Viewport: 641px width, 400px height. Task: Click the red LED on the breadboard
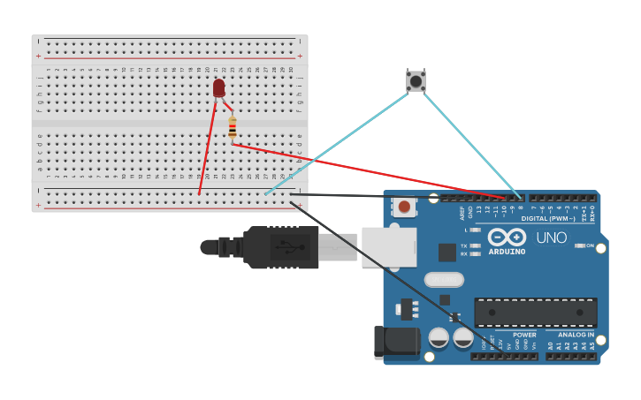pos(218,87)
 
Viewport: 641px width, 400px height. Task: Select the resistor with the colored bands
pos(232,129)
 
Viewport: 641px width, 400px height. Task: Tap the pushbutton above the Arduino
pos(416,81)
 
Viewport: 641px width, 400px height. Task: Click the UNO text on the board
pos(551,238)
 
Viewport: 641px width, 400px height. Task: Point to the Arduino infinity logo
pos(507,238)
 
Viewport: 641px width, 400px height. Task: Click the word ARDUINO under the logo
pos(507,252)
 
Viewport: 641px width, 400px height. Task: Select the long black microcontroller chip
pos(535,313)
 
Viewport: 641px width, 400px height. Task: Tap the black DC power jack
pos(395,343)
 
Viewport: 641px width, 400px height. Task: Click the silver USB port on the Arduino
pos(389,246)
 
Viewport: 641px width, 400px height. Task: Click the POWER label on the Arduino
pos(524,335)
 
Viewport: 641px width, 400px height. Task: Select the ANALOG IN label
pos(576,335)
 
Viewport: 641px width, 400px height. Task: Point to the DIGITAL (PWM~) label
pos(547,218)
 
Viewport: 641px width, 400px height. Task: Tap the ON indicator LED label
pos(589,245)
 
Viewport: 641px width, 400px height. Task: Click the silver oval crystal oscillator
pos(443,280)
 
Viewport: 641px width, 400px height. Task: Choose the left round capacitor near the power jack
pos(439,337)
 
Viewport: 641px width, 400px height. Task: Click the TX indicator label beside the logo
pos(464,245)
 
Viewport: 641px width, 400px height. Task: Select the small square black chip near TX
pos(447,253)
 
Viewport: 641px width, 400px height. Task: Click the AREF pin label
pos(462,211)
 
